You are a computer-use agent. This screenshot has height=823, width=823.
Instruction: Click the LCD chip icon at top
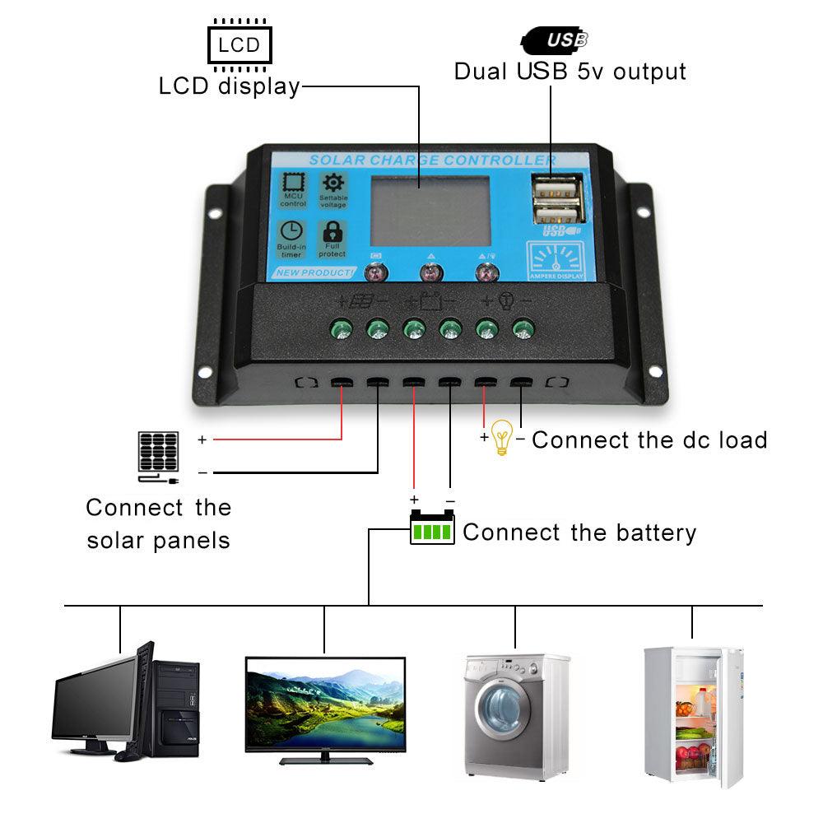239,44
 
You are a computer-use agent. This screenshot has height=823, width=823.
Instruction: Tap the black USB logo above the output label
556,38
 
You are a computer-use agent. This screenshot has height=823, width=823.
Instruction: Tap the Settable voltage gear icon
333,184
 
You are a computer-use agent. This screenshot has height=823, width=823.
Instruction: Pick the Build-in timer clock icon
291,233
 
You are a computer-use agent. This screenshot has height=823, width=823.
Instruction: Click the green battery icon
432,529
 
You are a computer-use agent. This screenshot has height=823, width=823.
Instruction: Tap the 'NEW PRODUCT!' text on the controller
314,272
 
